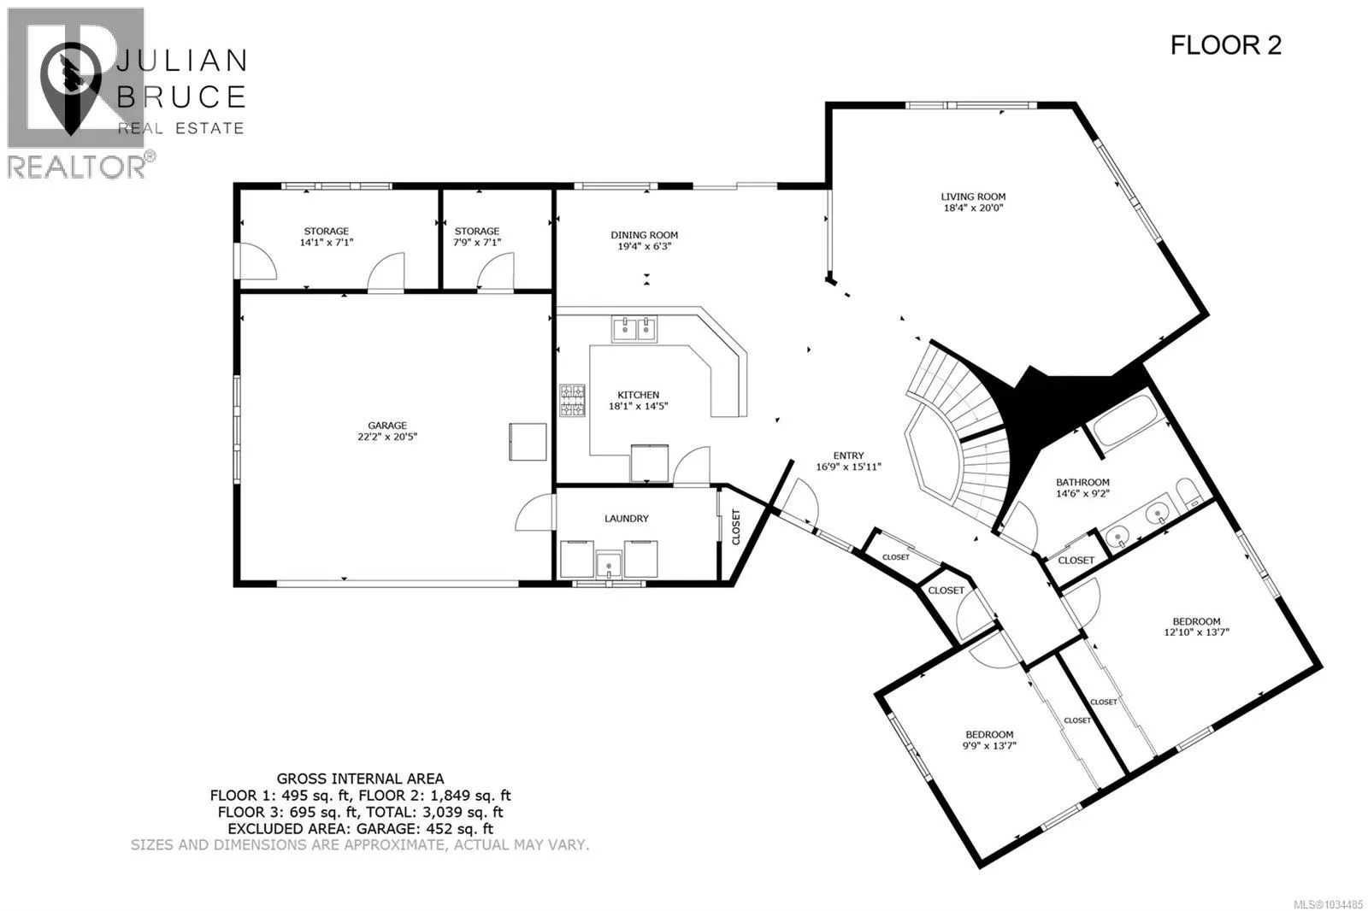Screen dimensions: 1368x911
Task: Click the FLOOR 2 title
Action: click(x=1225, y=46)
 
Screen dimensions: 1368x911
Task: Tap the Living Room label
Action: click(x=973, y=197)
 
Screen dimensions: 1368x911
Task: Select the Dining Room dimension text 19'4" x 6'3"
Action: click(x=645, y=246)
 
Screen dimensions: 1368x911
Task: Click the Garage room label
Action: click(x=387, y=425)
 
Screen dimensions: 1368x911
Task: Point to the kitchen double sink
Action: click(x=634, y=329)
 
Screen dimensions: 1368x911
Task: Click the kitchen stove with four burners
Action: click(x=572, y=401)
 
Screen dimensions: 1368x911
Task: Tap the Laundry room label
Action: click(x=627, y=519)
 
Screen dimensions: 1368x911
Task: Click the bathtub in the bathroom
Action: click(x=1124, y=421)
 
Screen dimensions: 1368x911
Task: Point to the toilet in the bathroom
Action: click(x=1189, y=494)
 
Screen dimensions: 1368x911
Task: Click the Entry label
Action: click(x=848, y=455)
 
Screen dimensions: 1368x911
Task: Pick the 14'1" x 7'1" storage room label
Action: click(x=327, y=237)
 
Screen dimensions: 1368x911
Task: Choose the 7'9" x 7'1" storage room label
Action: click(x=477, y=237)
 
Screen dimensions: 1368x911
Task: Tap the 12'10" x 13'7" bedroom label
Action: click(x=1196, y=627)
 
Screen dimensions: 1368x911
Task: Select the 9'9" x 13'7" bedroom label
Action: click(x=989, y=740)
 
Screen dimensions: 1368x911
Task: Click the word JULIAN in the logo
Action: click(x=181, y=61)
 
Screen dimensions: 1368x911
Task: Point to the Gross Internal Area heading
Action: click(x=360, y=779)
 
